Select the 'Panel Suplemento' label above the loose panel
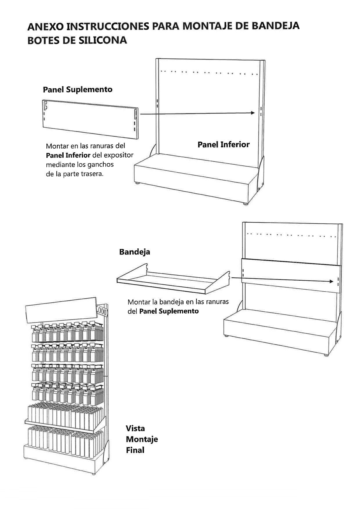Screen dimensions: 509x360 pos(78,89)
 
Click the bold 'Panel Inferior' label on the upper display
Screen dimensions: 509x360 pos(224,145)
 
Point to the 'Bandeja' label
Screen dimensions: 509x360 pos(135,252)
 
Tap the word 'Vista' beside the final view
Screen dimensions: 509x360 pos(135,428)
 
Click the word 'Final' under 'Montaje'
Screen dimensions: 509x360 pos(135,450)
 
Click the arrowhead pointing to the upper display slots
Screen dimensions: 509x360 pos(253,113)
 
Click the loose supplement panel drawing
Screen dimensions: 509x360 pos(90,119)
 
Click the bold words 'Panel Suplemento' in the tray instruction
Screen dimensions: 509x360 pos(169,311)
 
